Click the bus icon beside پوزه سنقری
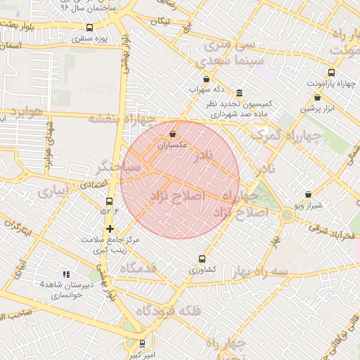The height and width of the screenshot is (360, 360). pos(88,28)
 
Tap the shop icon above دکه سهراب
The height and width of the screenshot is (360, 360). pos(205,79)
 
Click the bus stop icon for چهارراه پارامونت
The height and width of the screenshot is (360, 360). pos(331,72)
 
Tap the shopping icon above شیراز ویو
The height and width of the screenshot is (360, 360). pos(309,194)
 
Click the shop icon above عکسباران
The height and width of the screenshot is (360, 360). pos(173,134)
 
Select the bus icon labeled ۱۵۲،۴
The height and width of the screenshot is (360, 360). pos(108,201)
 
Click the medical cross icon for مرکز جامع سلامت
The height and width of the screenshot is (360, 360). pos(110,229)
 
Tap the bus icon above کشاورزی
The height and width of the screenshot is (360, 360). pos(203,259)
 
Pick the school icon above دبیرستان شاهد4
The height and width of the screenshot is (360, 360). pos(65,274)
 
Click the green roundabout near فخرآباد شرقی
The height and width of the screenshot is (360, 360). pos(287,214)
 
